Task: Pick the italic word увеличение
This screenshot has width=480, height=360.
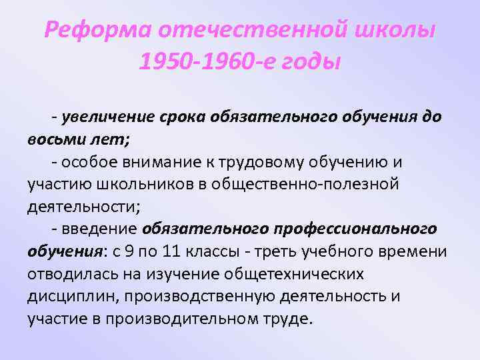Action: [99, 117]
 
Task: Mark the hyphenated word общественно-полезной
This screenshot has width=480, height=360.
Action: [309, 184]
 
